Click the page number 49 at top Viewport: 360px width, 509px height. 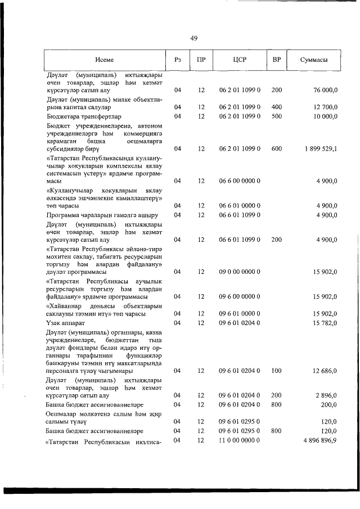tap(193, 38)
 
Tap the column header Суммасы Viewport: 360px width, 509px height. tap(314, 60)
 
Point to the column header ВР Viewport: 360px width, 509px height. tap(276, 60)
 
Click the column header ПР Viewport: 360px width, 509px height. tap(201, 60)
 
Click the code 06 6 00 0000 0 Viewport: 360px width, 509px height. tap(239, 181)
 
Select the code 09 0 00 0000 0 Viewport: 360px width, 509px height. tap(239, 272)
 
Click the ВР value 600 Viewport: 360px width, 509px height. tap(276, 149)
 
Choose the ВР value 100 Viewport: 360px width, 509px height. tap(276, 387)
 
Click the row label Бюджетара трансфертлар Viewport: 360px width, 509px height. tap(83, 116)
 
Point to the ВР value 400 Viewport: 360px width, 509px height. tap(276, 106)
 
